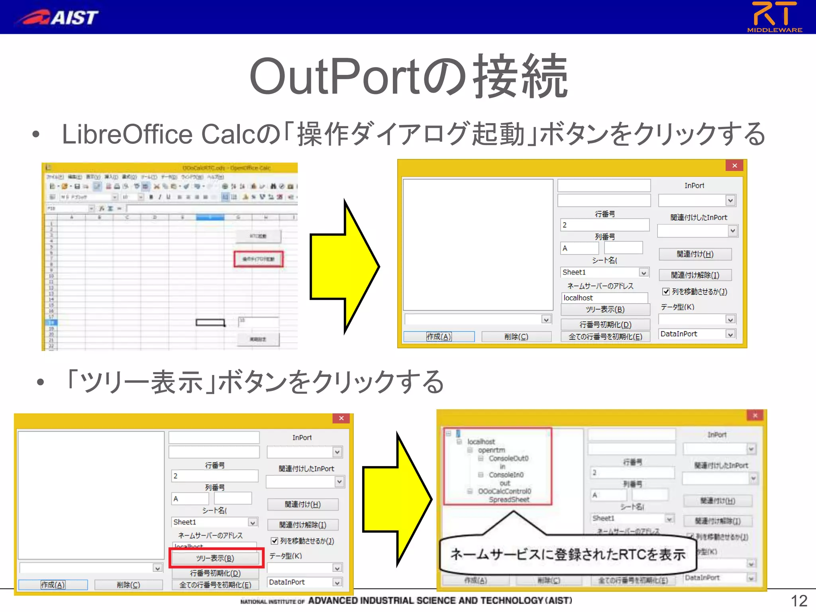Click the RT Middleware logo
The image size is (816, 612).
click(x=774, y=16)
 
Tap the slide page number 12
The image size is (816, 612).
click(x=798, y=600)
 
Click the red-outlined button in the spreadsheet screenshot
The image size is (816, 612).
click(x=259, y=259)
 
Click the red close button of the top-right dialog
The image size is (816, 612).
click(x=734, y=165)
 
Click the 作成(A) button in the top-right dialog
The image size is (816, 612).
click(x=439, y=337)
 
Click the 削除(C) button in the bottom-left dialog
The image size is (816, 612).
click(x=128, y=585)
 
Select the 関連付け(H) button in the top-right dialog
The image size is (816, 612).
click(x=695, y=254)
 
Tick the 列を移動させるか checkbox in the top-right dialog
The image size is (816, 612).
click(x=666, y=292)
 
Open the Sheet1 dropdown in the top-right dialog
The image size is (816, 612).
click(x=643, y=273)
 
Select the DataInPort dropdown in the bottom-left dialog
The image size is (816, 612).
click(x=337, y=582)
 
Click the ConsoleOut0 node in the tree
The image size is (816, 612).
click(x=508, y=458)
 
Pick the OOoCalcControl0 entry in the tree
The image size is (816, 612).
click(x=504, y=491)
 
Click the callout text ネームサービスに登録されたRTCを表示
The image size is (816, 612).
click(x=568, y=554)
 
